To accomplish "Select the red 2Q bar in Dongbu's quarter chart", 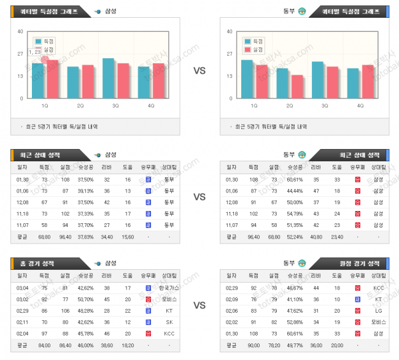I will pos(297,86).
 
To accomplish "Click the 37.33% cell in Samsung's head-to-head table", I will pos(85,213).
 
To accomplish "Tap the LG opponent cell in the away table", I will pos(378,310).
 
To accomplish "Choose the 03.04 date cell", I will pos(23,287).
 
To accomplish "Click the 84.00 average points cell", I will pos(44,345).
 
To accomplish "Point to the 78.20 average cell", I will pos(274,345).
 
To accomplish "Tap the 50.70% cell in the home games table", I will pos(85,299).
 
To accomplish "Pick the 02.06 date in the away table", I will pos(231,310).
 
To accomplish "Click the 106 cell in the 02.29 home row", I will pos(64,310).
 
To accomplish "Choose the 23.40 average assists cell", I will pos(336,237).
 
